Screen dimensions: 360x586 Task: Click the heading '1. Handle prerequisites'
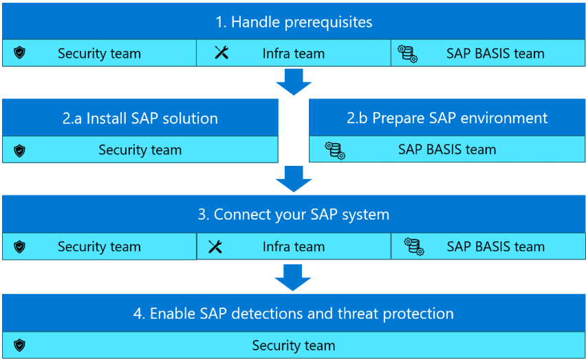click(294, 22)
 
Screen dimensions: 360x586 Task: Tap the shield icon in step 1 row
click(19, 53)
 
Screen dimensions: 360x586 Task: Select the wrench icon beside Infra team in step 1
click(221, 53)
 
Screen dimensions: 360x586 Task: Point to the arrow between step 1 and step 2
click(294, 83)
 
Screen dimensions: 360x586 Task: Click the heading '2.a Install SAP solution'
click(140, 118)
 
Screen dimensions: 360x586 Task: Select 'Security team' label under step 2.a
click(140, 150)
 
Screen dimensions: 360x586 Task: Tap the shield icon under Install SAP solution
click(19, 150)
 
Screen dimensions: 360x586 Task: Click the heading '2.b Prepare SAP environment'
click(447, 118)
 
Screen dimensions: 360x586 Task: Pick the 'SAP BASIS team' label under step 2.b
click(447, 149)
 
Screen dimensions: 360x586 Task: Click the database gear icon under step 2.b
click(336, 150)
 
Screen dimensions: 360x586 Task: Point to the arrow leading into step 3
click(294, 180)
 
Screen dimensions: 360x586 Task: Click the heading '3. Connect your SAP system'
click(294, 215)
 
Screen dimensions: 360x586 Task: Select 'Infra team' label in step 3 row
click(294, 246)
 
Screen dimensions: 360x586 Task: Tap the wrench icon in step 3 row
click(215, 246)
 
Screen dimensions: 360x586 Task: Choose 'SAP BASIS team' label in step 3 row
click(495, 246)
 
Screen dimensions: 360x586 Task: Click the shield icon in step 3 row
click(19, 246)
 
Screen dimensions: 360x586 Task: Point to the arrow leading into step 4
click(294, 277)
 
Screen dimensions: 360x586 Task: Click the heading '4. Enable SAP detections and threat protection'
click(294, 314)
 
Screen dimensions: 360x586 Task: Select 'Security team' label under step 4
click(294, 346)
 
